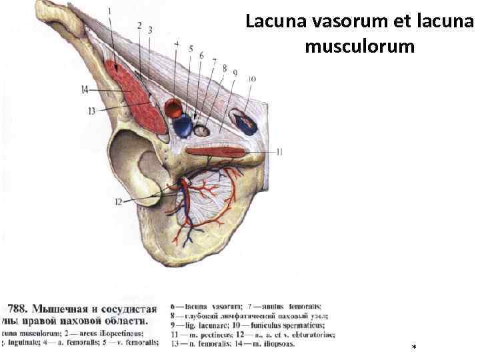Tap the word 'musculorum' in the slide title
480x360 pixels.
tap(361, 47)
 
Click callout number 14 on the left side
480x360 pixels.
tap(84, 89)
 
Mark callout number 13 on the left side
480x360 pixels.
tap(91, 111)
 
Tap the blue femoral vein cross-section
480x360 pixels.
tap(182, 125)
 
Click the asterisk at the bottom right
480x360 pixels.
tap(414, 348)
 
